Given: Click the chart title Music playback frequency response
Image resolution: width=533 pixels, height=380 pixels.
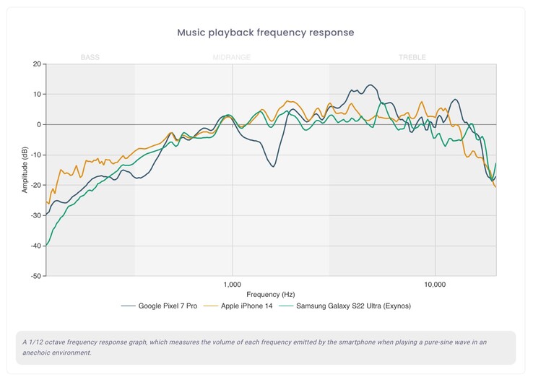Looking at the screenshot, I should [x=265, y=33].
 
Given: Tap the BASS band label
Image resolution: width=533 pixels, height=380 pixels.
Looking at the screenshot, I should [x=90, y=57].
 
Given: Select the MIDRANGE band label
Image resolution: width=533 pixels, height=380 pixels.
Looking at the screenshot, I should [x=232, y=57].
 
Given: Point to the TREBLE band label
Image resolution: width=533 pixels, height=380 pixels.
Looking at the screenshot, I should [x=412, y=57].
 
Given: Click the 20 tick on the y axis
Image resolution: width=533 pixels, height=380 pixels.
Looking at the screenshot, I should [x=37, y=64].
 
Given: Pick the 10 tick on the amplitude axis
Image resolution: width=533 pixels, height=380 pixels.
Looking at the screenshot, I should [x=37, y=95].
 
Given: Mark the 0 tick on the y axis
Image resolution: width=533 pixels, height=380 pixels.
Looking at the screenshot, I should [x=39, y=125].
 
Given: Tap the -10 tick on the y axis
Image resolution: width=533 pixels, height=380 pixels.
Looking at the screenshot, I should [x=35, y=155].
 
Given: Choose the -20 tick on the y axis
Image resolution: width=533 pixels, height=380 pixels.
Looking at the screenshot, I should [x=35, y=185].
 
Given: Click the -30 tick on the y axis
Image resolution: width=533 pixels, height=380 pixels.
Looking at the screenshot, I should [x=35, y=215].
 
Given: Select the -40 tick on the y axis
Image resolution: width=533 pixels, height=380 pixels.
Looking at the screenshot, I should [x=35, y=246].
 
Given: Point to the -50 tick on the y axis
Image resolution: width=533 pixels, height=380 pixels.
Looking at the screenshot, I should [x=35, y=276].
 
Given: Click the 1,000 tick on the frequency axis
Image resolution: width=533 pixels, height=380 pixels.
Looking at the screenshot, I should [x=233, y=284].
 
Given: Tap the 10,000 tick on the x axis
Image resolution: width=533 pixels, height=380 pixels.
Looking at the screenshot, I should [x=435, y=284].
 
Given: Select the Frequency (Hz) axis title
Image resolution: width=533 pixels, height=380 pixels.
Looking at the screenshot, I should [x=270, y=295].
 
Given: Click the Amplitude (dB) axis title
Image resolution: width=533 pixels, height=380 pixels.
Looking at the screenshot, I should [x=25, y=170].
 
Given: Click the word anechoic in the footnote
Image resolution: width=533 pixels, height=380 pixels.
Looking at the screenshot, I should [x=35, y=353].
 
